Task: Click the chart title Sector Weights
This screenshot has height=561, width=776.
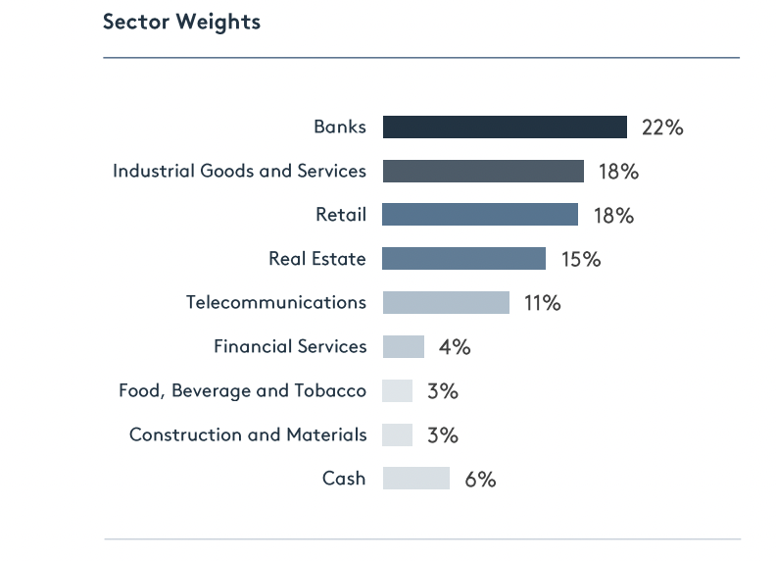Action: pos(181,22)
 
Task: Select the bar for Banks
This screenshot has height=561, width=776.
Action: pos(505,127)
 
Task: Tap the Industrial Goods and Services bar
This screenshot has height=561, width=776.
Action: pos(483,171)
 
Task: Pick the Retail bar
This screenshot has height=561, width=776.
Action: pos(480,215)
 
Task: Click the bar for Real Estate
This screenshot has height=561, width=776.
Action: pos(463,259)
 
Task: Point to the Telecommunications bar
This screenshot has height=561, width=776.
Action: pos(446,302)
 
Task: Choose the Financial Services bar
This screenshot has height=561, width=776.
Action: pos(404,346)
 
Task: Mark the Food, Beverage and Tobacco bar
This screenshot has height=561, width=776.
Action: pos(398,390)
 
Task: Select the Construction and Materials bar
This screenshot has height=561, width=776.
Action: pos(398,434)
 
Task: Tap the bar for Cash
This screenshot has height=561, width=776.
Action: pos(416,479)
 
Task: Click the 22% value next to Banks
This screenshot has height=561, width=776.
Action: pos(662,127)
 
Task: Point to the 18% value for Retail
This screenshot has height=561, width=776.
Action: pos(613,216)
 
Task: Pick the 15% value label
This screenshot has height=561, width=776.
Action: pos(581,260)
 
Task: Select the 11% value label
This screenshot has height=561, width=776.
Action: pos(542,303)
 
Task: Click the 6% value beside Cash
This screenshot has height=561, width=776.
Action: pos(480,480)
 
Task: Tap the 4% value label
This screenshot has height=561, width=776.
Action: pos(455,347)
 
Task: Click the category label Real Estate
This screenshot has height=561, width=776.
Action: pos(317,259)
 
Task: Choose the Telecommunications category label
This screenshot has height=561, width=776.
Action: pos(276,302)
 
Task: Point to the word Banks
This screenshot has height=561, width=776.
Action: pos(340,127)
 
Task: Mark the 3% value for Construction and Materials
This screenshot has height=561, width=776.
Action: pos(443,435)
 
